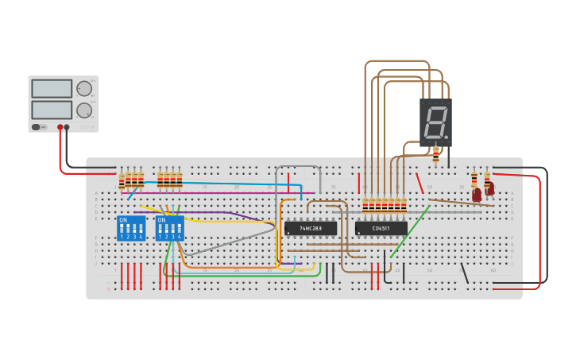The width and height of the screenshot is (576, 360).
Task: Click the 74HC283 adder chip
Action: click(311, 228)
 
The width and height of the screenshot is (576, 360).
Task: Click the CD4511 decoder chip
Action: click(381, 228)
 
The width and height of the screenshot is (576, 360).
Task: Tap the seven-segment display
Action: click(435, 122)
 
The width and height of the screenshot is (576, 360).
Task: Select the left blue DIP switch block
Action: click(131, 228)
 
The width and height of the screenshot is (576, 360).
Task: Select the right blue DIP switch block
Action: click(169, 228)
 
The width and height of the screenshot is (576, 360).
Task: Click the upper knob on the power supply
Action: click(84, 88)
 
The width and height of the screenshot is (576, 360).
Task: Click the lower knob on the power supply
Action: click(84, 110)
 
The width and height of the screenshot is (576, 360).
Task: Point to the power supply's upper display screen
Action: click(51, 88)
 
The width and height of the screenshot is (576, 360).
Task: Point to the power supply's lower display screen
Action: click(51, 109)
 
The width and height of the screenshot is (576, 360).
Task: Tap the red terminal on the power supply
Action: click(60, 127)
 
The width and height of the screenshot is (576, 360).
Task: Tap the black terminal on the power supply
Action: click(67, 127)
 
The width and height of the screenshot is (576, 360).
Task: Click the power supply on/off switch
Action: click(36, 127)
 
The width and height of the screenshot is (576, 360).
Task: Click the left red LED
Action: click(477, 194)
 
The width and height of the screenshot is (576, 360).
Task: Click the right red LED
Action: click(489, 189)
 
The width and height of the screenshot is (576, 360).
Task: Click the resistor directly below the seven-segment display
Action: click(435, 153)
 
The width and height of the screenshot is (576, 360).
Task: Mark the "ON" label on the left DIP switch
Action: click(122, 220)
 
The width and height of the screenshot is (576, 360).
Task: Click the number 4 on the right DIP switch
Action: click(180, 237)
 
